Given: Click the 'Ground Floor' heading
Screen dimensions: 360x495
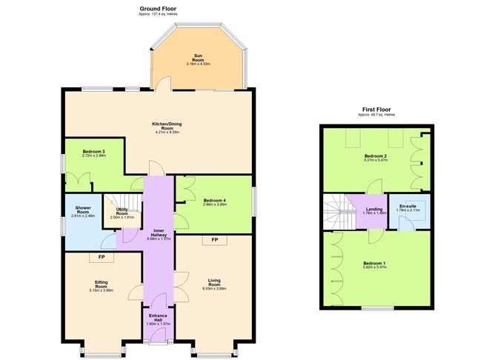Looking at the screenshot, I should tap(157, 8).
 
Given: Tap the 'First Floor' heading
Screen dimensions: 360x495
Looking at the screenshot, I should tap(376, 109).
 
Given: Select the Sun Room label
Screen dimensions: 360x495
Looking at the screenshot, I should tap(198, 56).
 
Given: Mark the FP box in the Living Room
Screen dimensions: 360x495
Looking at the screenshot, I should tap(215, 241).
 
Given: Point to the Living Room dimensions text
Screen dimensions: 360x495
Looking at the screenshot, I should tap(215, 289).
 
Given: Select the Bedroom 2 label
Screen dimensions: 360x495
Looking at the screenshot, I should tap(376, 156).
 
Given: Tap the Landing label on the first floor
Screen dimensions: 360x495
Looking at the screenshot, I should tap(374, 210).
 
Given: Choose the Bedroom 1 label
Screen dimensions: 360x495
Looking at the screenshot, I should tap(374, 264).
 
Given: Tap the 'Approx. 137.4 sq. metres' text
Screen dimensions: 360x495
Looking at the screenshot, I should tap(157, 14).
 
